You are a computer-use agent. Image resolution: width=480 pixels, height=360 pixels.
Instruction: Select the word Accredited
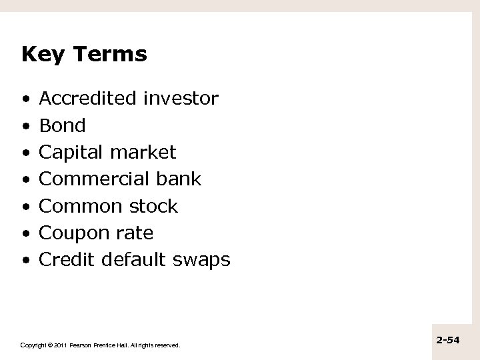pyautogui.click(x=89, y=99)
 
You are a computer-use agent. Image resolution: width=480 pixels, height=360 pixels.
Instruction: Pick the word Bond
pyautogui.click(x=63, y=125)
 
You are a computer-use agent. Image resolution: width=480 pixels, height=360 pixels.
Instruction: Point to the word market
pyautogui.click(x=143, y=153)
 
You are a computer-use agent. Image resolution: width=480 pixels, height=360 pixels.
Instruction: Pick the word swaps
pyautogui.click(x=202, y=260)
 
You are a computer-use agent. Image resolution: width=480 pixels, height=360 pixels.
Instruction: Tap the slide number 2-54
pyautogui.click(x=448, y=340)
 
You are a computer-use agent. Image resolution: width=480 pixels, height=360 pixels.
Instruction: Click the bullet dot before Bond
pyautogui.click(x=25, y=126)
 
